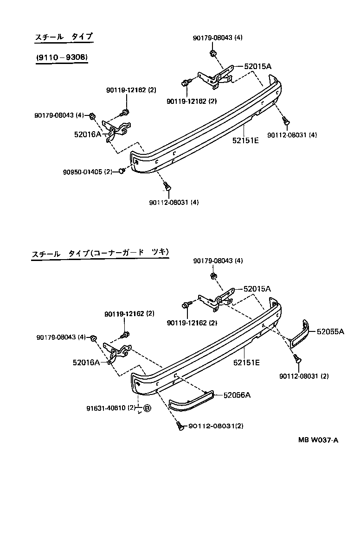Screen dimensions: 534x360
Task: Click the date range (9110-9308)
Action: point(61,57)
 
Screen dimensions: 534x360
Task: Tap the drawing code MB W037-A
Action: point(318,440)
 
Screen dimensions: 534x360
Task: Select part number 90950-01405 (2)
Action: point(88,172)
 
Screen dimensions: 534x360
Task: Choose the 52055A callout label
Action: point(330,331)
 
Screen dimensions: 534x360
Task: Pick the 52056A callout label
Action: point(237,395)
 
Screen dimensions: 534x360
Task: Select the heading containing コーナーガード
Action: point(100,253)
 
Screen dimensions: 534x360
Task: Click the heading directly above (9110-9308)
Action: point(64,37)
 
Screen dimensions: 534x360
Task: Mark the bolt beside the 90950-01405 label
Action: point(122,172)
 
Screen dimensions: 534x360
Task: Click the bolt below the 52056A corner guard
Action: point(179,426)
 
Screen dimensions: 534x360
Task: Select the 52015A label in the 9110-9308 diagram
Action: point(257,66)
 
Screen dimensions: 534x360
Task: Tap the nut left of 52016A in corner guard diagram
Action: point(93,338)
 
